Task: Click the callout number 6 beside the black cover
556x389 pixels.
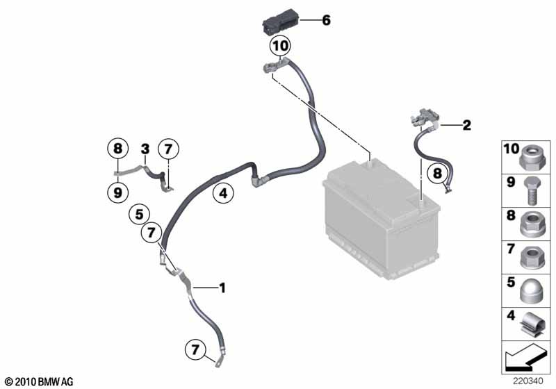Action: tap(326, 20)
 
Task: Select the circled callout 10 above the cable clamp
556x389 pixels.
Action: tap(280, 46)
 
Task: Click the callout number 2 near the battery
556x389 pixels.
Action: tap(466, 125)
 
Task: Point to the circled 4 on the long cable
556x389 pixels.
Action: tap(223, 193)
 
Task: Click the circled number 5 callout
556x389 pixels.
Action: tap(140, 215)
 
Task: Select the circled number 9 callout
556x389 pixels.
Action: tap(117, 192)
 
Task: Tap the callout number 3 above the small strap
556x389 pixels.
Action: tap(145, 149)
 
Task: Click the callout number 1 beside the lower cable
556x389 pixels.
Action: tap(222, 288)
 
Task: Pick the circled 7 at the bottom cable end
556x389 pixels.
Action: tap(195, 350)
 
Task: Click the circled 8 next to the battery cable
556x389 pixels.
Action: tap(438, 174)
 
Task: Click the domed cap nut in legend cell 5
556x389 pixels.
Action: tap(531, 292)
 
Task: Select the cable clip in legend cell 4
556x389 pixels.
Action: tap(531, 325)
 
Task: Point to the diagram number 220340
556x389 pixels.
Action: tap(528, 381)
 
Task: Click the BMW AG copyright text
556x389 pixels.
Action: tap(40, 381)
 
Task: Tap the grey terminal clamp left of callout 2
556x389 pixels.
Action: tap(425, 117)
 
